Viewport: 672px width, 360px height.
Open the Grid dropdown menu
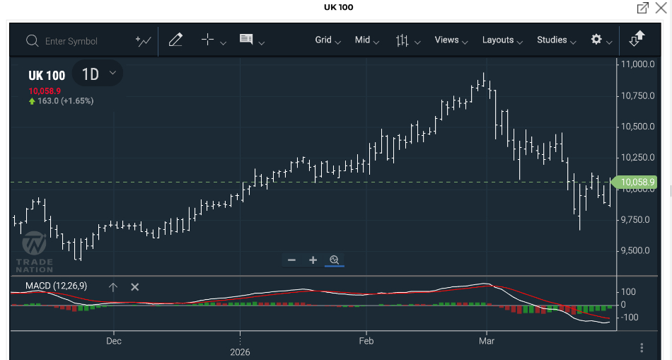pos(328,40)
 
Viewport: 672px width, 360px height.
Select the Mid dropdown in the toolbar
pos(366,40)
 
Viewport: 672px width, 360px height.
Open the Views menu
pos(451,40)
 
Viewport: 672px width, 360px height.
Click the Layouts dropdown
pos(502,40)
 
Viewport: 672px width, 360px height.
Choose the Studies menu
pos(556,40)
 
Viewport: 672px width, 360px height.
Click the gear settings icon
pos(596,40)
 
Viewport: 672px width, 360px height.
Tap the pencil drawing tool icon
pos(175,40)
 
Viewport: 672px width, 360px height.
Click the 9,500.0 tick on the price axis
pos(636,250)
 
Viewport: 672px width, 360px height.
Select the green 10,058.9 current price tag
pos(636,182)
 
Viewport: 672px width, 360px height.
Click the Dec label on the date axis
pos(114,341)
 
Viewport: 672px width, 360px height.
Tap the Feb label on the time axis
pos(366,341)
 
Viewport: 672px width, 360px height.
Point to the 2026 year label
pos(240,352)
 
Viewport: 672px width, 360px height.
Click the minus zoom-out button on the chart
pos(291,260)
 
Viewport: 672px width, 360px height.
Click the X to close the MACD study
pos(135,286)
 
